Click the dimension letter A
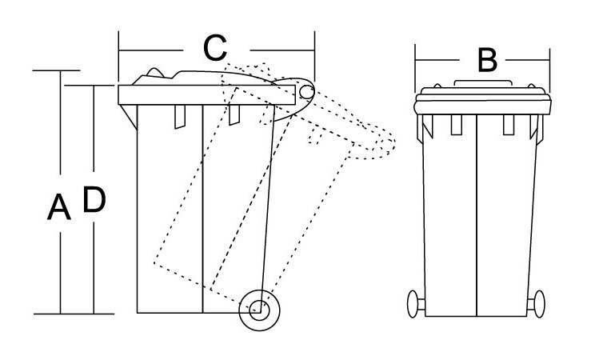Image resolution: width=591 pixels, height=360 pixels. [59, 207]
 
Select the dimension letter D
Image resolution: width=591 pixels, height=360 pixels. [94, 199]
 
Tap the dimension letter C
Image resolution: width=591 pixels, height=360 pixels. [215, 48]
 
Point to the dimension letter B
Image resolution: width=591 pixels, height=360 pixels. [487, 60]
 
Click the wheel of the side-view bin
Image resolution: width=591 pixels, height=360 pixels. [259, 310]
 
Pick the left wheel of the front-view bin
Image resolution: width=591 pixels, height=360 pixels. [413, 304]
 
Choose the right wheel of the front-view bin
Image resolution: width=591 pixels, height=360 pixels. [539, 304]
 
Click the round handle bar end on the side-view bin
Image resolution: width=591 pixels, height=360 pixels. [307, 92]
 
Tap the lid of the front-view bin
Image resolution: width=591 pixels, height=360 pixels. [482, 101]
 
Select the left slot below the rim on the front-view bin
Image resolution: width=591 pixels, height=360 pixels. [457, 125]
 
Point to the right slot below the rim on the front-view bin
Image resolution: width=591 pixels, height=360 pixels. [509, 125]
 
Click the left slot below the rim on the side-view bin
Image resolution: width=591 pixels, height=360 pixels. [180, 117]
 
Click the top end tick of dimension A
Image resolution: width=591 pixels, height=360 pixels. [57, 70]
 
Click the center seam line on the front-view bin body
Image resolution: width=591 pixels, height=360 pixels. [477, 215]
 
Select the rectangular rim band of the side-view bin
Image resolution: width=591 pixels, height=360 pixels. [206, 95]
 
